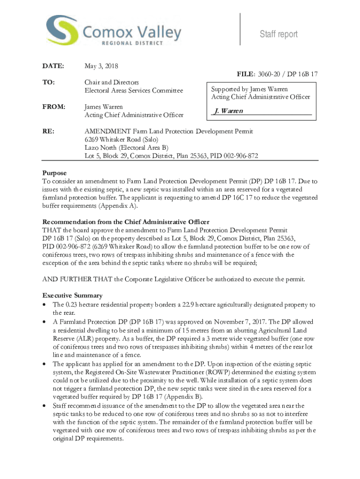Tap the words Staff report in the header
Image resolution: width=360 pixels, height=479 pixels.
279,34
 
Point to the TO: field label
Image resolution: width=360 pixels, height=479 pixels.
49,82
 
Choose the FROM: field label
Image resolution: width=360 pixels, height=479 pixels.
53,107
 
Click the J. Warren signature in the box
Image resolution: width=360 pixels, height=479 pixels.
228,111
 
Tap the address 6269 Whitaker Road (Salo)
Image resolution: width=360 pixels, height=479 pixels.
122,140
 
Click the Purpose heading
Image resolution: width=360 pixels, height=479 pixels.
55,173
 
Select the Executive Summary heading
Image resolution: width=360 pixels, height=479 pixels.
72,296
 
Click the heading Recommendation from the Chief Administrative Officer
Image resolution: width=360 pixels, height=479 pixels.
126,222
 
